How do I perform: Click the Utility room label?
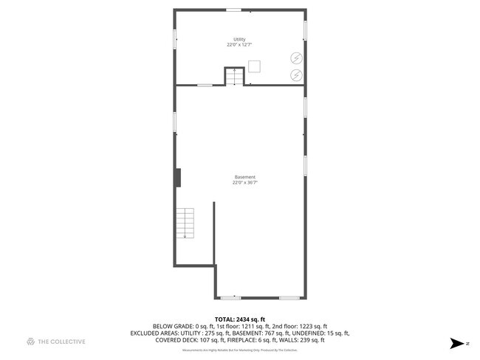pyautogui.click(x=239, y=39)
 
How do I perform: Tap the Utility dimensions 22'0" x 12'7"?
pyautogui.click(x=239, y=45)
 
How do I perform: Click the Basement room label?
pyautogui.click(x=245, y=177)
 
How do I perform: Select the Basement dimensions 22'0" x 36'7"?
pyautogui.click(x=245, y=183)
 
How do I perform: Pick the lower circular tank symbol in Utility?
pyautogui.click(x=295, y=75)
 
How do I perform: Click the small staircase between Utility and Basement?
pyautogui.click(x=235, y=77)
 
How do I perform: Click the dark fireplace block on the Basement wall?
pyautogui.click(x=178, y=177)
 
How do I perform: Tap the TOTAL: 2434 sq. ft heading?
pyautogui.click(x=239, y=319)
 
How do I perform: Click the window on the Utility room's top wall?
pyautogui.click(x=233, y=10)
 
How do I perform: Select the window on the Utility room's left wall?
pyautogui.click(x=174, y=37)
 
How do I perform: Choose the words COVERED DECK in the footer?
pyautogui.click(x=175, y=340)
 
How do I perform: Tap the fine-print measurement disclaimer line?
pyautogui.click(x=239, y=350)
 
